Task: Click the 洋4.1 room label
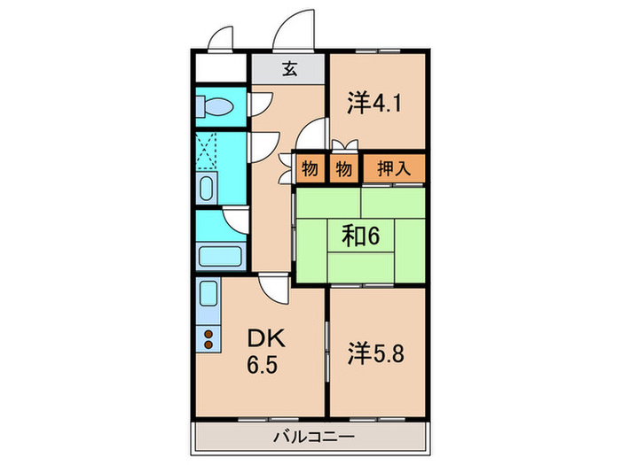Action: tap(375, 103)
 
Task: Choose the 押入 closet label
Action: tap(394, 167)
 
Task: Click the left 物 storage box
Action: tap(310, 167)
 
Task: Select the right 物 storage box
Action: tap(343, 167)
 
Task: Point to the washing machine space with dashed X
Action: tap(208, 152)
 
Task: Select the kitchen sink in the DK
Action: tap(208, 295)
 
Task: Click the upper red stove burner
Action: tap(208, 334)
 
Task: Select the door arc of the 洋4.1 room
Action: tap(311, 136)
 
